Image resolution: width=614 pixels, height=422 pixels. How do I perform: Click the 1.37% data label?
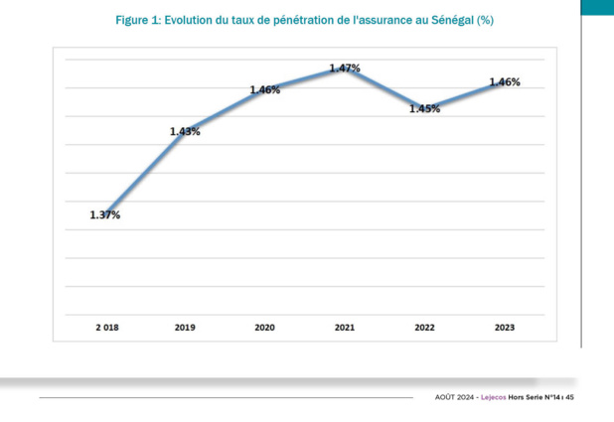coord(104,214)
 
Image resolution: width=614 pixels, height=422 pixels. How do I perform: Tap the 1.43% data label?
coord(185,131)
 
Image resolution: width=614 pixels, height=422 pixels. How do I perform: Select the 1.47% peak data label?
coord(345,68)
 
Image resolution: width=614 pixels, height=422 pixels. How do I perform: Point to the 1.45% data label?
coord(424,109)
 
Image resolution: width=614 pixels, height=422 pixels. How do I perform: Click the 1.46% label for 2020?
coord(264,89)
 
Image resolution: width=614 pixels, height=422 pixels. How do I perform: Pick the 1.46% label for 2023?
coord(505,82)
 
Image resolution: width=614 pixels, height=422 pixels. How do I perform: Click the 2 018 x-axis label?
coord(105,326)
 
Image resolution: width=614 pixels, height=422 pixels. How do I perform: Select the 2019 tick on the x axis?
coord(185,326)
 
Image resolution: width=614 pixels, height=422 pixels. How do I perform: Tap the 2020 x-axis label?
coord(265,326)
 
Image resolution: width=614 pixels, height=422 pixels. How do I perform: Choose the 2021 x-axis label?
coord(345,326)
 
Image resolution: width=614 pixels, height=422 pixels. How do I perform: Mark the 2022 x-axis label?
coord(424,326)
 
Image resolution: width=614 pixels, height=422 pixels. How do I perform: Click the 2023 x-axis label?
coord(505,326)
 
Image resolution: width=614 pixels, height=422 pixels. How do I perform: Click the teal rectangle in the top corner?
coord(597,7)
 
